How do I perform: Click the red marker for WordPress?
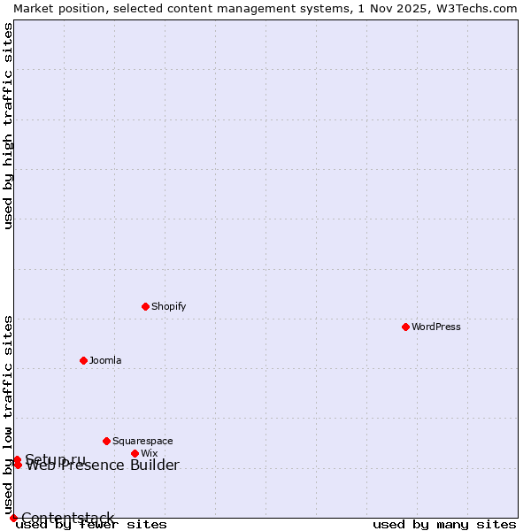pos(405,327)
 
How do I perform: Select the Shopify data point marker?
pos(145,306)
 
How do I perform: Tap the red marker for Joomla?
pos(83,360)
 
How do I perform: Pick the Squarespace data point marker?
pos(106,441)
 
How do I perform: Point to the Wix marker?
pos(135,453)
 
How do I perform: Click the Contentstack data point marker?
pos(13,518)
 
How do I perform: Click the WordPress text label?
pos(436,327)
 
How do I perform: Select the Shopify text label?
pos(168,306)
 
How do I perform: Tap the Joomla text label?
pos(105,360)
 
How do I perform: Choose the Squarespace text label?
pos(142,441)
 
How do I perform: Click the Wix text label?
pos(149,453)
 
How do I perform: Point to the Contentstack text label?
pos(68,518)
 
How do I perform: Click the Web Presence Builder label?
pos(103,466)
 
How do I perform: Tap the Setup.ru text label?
pos(56,458)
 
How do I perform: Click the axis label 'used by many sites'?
pos(444,524)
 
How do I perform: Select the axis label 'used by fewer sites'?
pos(92,524)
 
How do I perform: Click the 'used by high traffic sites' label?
pos(8,126)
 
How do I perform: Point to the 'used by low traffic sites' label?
pos(8,414)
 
